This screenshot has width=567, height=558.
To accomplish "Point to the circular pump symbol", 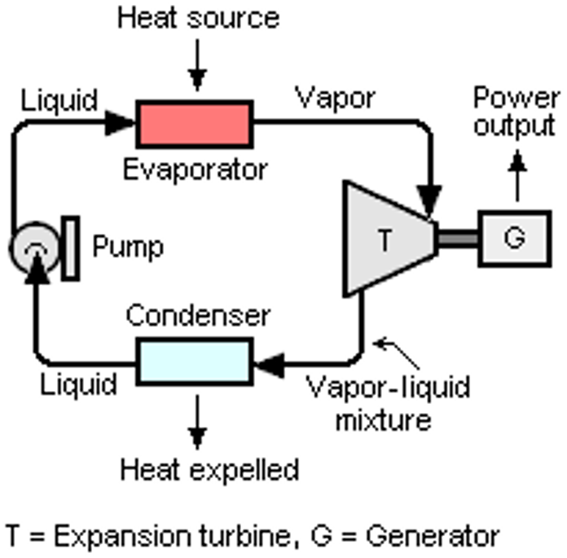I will pyautogui.click(x=33, y=248).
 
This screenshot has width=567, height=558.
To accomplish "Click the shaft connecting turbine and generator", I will pyautogui.click(x=459, y=238).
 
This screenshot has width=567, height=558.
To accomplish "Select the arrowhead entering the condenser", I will pyautogui.click(x=269, y=362).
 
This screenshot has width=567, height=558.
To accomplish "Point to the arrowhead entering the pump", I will pyautogui.click(x=33, y=272).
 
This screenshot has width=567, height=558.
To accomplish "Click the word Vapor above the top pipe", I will pyautogui.click(x=335, y=98).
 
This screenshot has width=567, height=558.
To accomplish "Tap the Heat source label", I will pyautogui.click(x=198, y=17).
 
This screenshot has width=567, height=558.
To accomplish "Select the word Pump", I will pyautogui.click(x=128, y=246).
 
